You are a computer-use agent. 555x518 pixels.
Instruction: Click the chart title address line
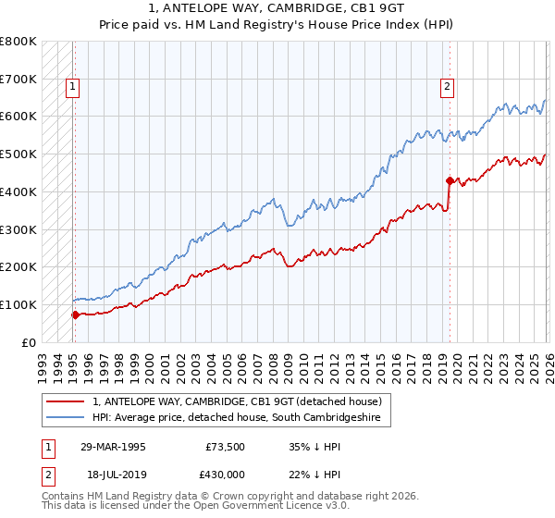[277, 10]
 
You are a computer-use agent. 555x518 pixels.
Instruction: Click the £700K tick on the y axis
[18, 79]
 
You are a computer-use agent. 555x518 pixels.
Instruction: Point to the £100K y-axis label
[18, 304]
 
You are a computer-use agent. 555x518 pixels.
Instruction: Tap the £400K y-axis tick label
[18, 191]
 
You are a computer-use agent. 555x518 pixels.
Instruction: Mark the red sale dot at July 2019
[450, 180]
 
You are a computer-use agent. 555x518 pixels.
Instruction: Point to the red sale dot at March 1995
[75, 314]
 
